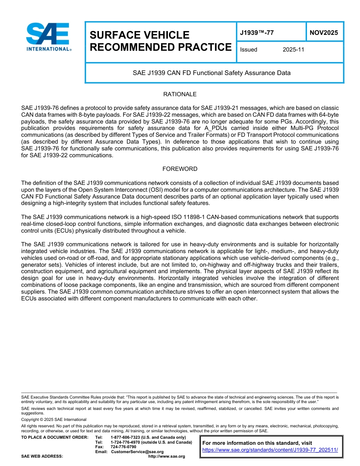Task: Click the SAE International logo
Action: (x=49, y=37)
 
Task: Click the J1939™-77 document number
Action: (x=257, y=33)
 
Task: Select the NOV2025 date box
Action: (x=324, y=33)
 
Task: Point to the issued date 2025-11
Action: (x=293, y=50)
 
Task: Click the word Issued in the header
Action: (x=249, y=50)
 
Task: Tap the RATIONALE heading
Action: (x=180, y=94)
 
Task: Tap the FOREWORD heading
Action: (x=180, y=169)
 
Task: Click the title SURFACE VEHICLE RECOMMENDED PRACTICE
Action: (x=160, y=41)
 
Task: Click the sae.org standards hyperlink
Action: (x=270, y=450)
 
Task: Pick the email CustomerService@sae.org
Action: (x=137, y=452)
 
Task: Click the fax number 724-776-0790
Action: (x=123, y=447)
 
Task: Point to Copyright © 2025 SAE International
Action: (x=54, y=419)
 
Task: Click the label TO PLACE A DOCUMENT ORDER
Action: (x=55, y=438)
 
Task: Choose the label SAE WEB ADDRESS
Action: (x=42, y=456)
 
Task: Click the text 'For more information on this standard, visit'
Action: (x=257, y=443)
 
